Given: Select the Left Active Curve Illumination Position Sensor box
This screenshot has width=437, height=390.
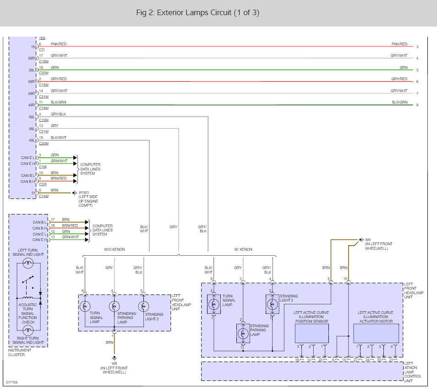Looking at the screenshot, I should tap(311, 333).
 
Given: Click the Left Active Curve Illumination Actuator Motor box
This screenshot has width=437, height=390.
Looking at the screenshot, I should tap(376, 333).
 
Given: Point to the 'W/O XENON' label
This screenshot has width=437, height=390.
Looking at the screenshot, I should tap(115, 249).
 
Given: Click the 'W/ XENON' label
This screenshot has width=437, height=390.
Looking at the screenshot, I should tap(243, 249).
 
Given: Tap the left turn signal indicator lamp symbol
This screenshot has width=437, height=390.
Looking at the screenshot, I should tap(28, 264).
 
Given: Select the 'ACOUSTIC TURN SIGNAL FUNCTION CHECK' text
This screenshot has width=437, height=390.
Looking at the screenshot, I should tap(28, 313).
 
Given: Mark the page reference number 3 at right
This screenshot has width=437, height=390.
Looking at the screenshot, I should tap(417, 47).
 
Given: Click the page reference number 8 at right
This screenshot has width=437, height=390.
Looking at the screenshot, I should tap(417, 105).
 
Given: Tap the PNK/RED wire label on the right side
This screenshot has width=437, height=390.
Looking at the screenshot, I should tap(399, 44).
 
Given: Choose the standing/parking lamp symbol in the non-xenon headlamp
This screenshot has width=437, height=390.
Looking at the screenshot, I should tap(114, 306).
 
